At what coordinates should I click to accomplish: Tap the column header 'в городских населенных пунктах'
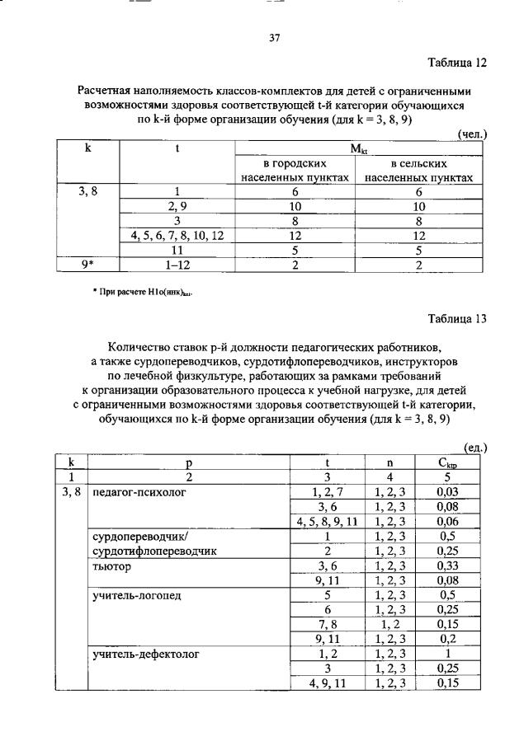coord(295,171)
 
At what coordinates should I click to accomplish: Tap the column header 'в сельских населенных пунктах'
coord(418,171)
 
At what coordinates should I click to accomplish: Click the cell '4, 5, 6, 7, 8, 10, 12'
coord(177,236)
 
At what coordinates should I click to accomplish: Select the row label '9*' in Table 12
coord(87,264)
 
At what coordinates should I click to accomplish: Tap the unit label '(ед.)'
coord(475,448)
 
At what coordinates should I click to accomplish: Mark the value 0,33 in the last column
coord(448,567)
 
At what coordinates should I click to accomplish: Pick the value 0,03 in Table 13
coord(448,492)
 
